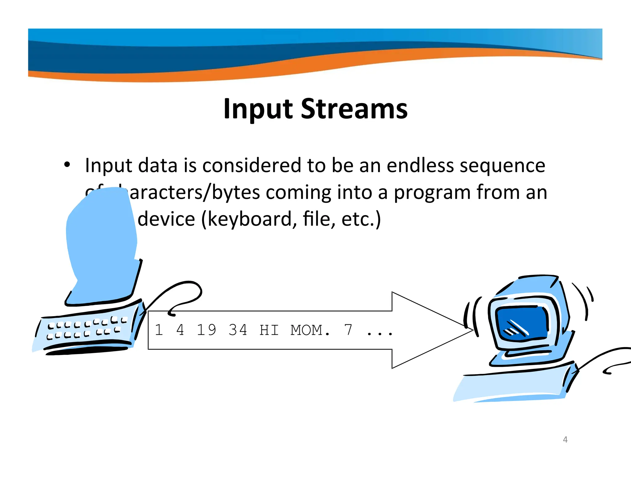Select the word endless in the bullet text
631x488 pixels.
point(420,165)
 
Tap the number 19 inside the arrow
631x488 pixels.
point(206,330)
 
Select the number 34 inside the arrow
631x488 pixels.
point(238,330)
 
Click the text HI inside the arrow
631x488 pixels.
point(269,330)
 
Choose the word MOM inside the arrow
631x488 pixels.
point(307,330)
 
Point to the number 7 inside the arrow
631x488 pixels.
point(348,330)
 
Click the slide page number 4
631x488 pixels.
point(565,440)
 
